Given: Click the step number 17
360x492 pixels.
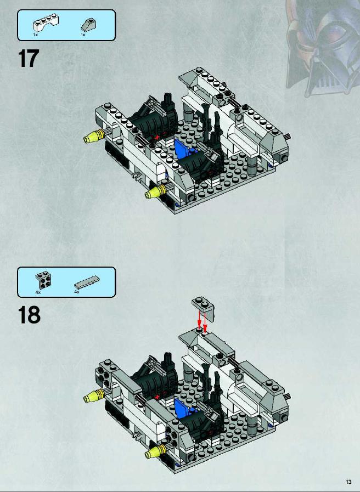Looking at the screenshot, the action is pyautogui.click(x=29, y=58).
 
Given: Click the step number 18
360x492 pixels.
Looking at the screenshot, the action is pyautogui.click(x=29, y=315).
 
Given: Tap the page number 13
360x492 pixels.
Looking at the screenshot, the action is pyautogui.click(x=348, y=482).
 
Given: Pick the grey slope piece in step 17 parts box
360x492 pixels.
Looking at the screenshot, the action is pyautogui.click(x=89, y=25).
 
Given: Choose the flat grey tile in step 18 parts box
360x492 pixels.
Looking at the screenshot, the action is pyautogui.click(x=87, y=282).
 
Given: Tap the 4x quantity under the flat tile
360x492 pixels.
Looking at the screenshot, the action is pyautogui.click(x=77, y=292).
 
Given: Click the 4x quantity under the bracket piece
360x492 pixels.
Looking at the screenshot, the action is pyautogui.click(x=38, y=292).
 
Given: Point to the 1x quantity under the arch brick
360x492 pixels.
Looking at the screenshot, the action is pyautogui.click(x=36, y=35).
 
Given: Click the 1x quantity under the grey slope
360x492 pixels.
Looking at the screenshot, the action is pyautogui.click(x=83, y=35).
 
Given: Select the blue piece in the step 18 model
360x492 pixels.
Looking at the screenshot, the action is pyautogui.click(x=183, y=408).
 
